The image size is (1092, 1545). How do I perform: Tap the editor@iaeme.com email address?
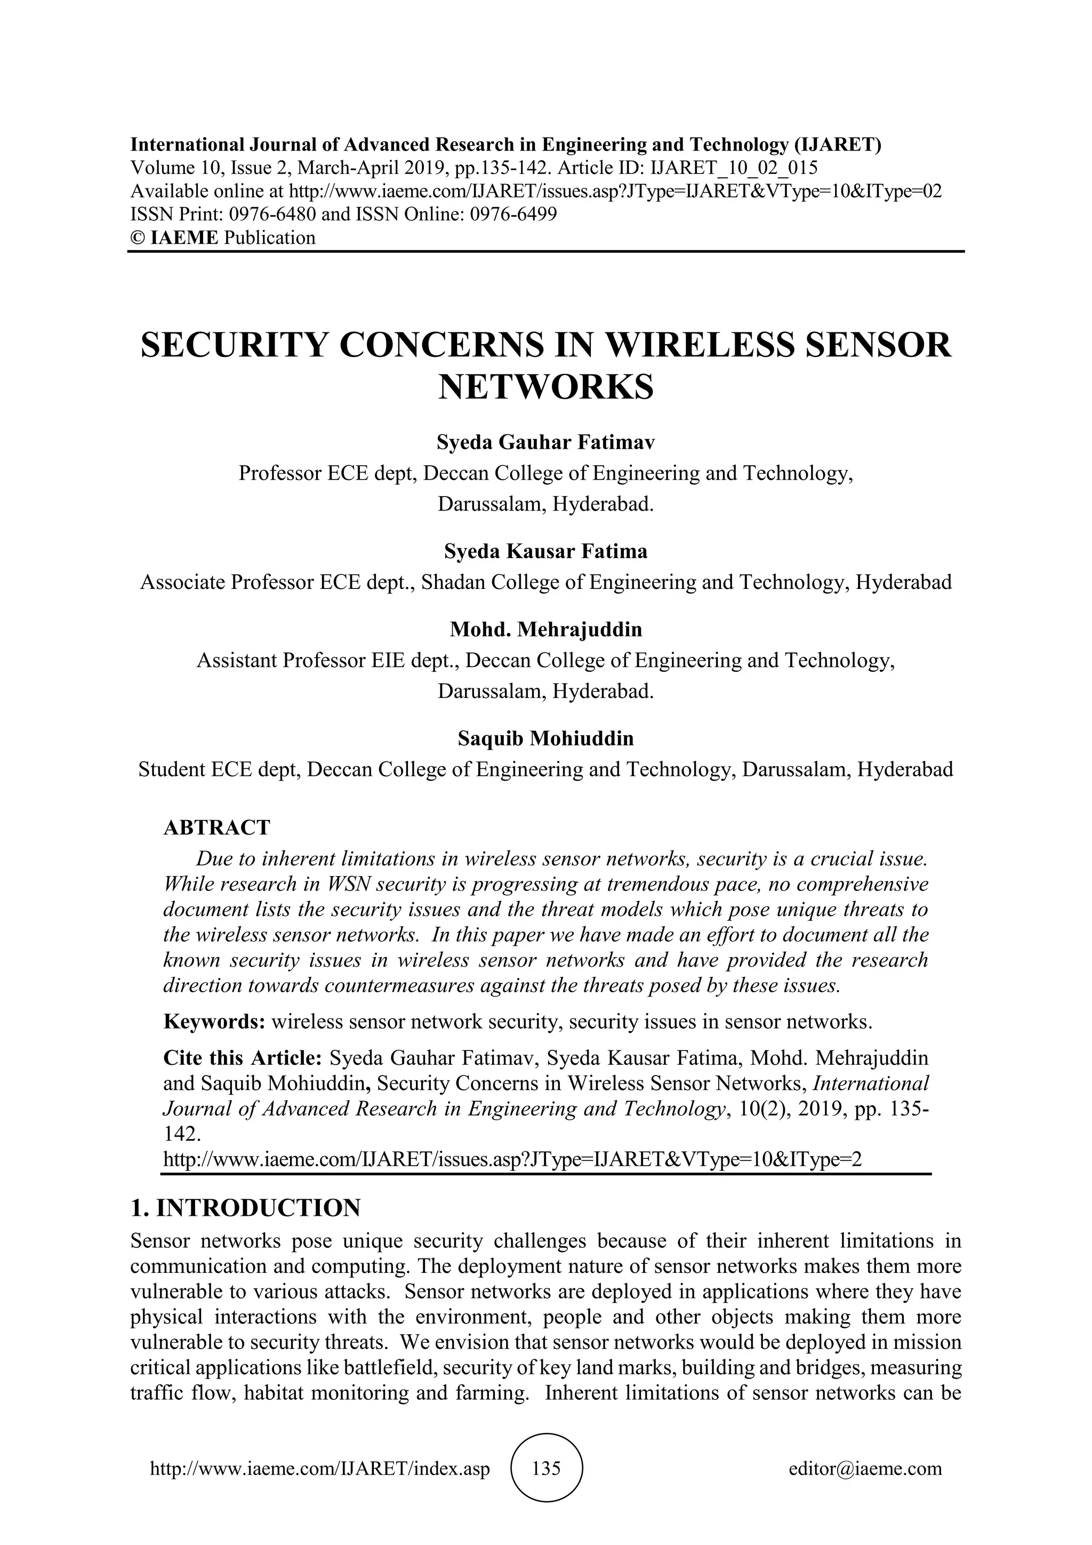865,1468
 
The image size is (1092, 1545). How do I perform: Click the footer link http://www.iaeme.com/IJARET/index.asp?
320,1468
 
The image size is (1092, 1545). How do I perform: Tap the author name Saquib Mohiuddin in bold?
545,738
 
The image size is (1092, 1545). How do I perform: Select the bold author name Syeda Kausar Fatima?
545,551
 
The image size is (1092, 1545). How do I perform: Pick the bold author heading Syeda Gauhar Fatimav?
545,442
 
